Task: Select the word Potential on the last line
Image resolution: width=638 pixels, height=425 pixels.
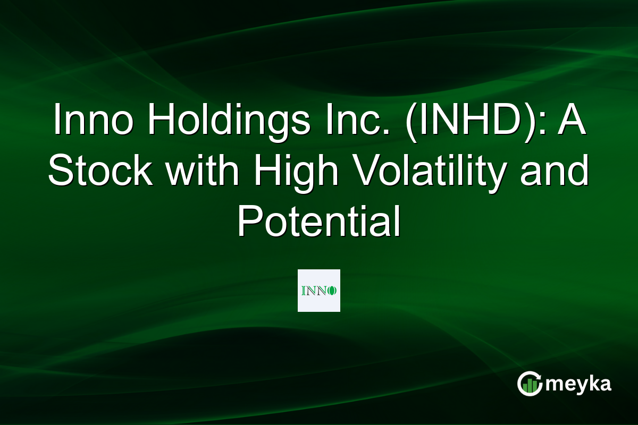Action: (318, 222)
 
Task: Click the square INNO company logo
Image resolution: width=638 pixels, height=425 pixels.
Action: (319, 291)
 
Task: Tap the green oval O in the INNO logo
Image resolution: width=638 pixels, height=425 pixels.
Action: (333, 291)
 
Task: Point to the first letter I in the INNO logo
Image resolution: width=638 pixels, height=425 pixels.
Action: (303, 291)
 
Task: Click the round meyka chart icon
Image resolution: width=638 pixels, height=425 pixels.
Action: (528, 384)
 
